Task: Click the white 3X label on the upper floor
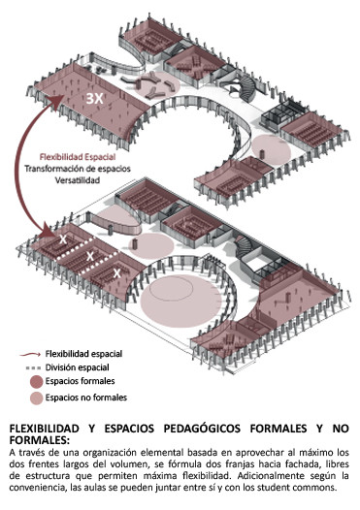[94, 99]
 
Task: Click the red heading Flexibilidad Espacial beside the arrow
[78, 157]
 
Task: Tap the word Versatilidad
[78, 180]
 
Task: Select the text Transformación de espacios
[78, 169]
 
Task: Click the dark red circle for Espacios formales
[37, 382]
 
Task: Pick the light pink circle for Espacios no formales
[37, 398]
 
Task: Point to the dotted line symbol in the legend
[34, 368]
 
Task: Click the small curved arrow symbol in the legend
[30, 354]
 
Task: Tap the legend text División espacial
[78, 367]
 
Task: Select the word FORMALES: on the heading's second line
[40, 440]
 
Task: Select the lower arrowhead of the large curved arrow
[52, 232]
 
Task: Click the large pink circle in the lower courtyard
[180, 301]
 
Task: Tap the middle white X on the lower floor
[90, 256]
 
